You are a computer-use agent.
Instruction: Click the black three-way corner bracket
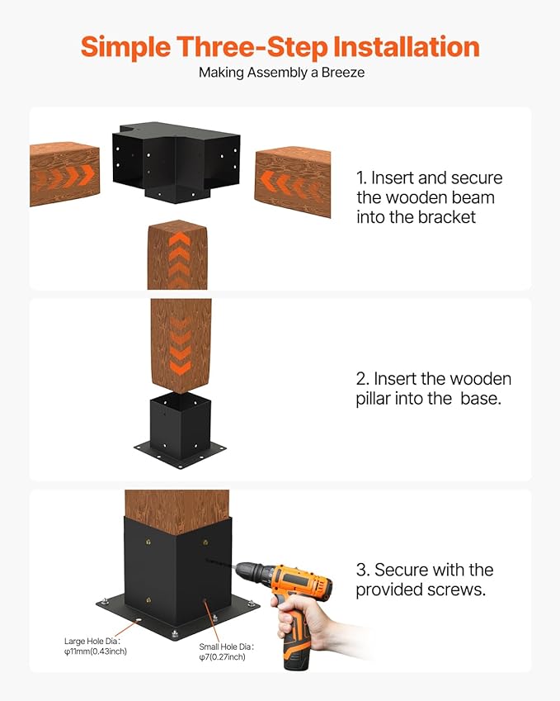(x=176, y=161)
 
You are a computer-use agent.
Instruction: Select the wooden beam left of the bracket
(x=65, y=174)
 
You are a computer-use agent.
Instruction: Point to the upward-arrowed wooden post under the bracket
(x=177, y=255)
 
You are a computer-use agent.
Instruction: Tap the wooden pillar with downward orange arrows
(x=181, y=345)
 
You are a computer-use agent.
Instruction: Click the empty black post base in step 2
(x=181, y=430)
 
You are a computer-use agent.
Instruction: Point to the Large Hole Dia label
(x=92, y=641)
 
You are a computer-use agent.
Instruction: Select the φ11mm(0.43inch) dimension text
(x=96, y=651)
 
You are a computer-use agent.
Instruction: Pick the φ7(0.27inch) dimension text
(x=223, y=656)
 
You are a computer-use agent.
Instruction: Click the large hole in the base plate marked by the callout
(x=139, y=620)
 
